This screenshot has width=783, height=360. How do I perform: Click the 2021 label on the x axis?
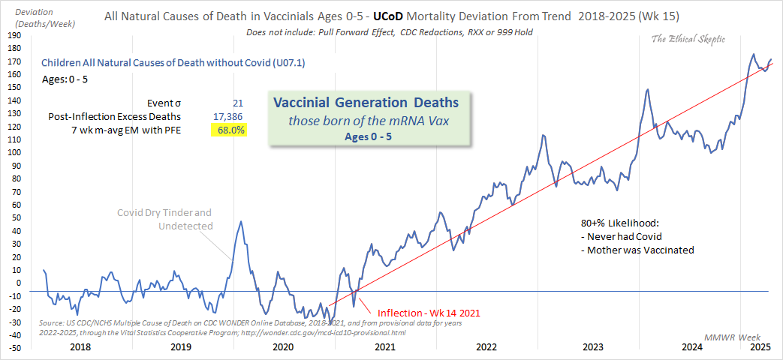coord(384,347)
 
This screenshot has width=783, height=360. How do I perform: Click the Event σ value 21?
coord(238,103)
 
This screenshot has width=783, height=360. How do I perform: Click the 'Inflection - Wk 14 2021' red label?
coord(428,312)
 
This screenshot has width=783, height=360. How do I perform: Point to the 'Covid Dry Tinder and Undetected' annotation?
coord(164,219)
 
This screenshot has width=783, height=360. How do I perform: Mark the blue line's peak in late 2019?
coord(240,221)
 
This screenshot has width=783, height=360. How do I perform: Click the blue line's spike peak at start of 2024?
coord(647,90)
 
